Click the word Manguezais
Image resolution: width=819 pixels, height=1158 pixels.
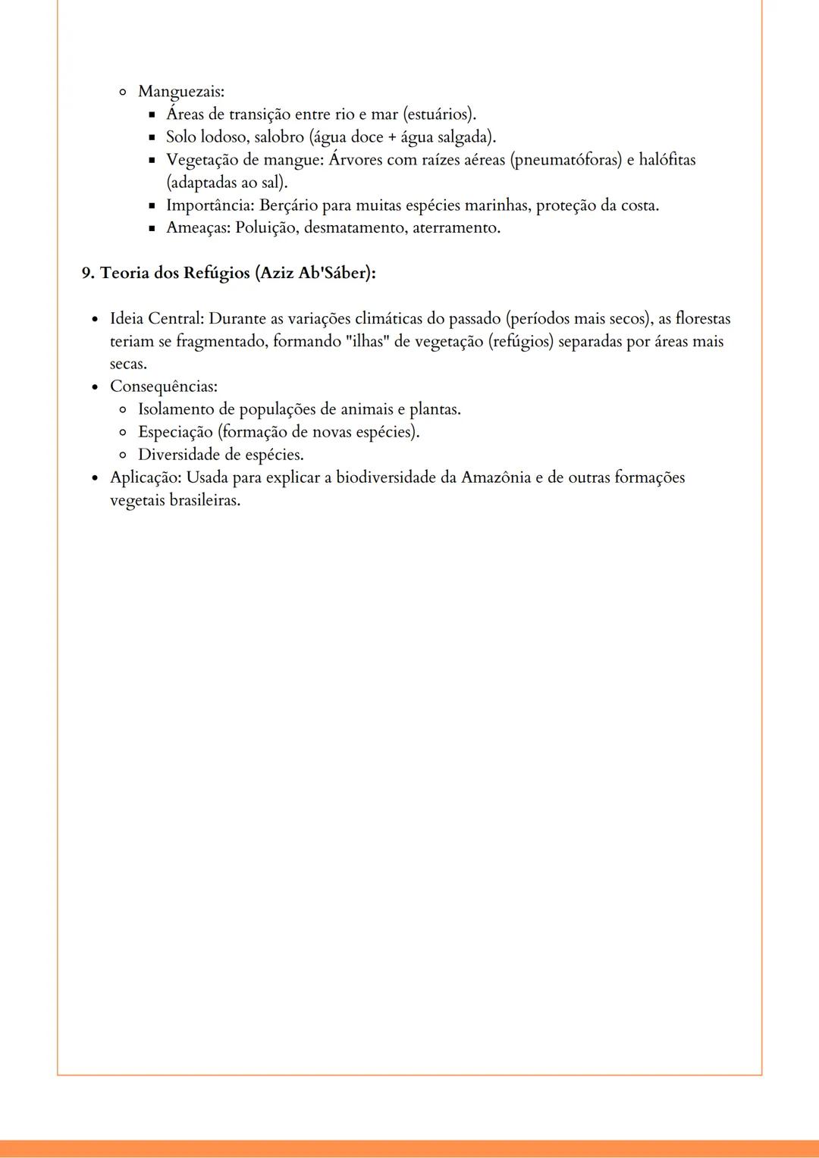point(180,92)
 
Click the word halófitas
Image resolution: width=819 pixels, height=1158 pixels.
point(667,160)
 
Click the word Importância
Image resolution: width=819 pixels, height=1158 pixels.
point(209,205)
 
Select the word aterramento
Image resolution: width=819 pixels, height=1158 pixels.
point(457,228)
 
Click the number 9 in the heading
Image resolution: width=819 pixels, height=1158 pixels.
point(86,273)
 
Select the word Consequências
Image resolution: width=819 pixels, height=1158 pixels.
point(163,387)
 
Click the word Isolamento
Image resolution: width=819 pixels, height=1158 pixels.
point(176,409)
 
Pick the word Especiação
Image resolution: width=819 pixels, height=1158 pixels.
point(175,432)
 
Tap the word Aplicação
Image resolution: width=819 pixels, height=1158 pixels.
point(146,478)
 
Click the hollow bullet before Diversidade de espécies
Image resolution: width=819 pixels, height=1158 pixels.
point(122,455)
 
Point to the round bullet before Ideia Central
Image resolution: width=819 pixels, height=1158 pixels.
point(95,319)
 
